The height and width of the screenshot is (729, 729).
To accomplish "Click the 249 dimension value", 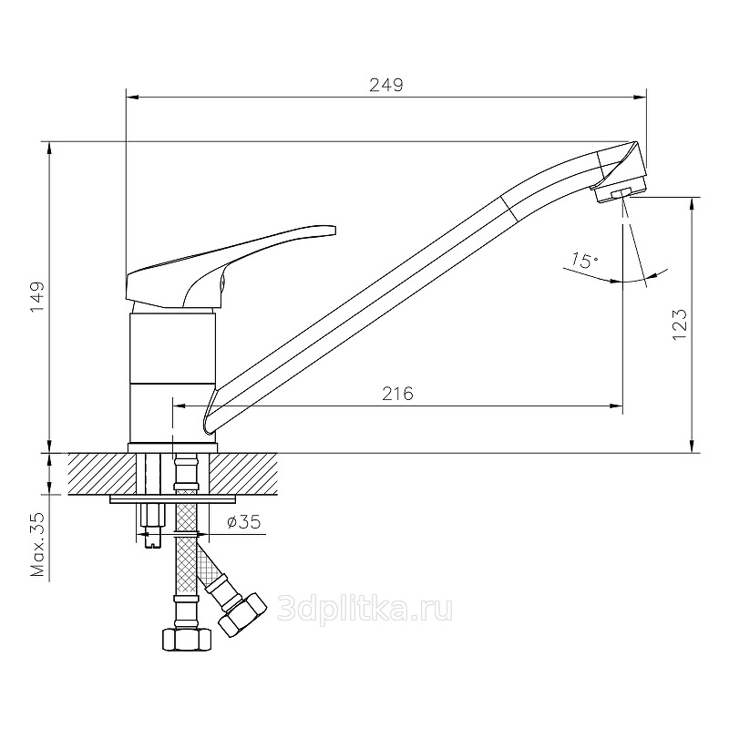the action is [x=386, y=85].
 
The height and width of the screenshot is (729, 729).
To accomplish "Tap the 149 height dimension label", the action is [x=37, y=297].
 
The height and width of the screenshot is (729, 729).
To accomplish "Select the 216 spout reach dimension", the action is [x=397, y=394].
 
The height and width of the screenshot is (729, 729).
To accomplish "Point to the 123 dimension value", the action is [x=680, y=324].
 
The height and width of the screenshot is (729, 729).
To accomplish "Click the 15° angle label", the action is [x=584, y=261].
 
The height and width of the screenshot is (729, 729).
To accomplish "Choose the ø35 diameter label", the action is [x=243, y=521].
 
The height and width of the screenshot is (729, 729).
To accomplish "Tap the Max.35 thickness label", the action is [x=37, y=544].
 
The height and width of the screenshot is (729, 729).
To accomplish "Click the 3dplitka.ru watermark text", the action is [x=364, y=609].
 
